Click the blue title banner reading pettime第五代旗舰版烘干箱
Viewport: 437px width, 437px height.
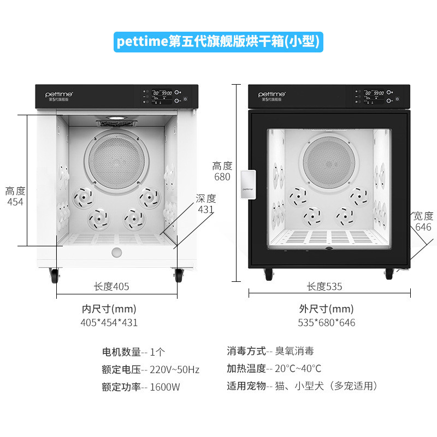218,42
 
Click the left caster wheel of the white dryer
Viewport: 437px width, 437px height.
55,276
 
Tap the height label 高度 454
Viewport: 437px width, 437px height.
15,197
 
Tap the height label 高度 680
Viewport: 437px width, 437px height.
222,171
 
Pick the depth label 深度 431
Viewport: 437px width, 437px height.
206,203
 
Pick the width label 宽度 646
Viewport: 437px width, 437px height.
423,221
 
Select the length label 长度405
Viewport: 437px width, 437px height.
111,286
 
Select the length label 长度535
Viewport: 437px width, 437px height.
324,286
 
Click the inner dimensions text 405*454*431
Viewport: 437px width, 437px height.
109,322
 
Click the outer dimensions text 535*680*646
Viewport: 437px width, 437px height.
327,322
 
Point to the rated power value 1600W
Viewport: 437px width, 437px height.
165,387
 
